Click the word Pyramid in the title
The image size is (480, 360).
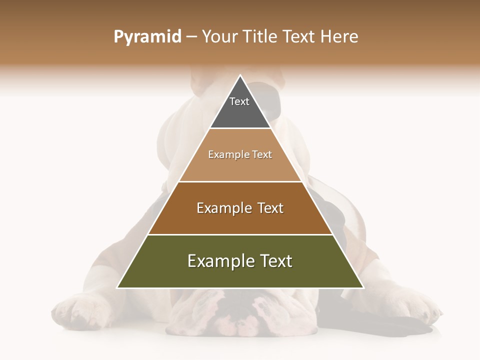(x=147, y=37)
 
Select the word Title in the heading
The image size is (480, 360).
(x=260, y=37)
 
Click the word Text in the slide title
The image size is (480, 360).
(x=298, y=37)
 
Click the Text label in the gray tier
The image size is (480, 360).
(x=239, y=101)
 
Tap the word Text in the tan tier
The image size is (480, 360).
(x=262, y=154)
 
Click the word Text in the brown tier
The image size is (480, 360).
(x=270, y=208)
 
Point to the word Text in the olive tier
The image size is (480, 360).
(x=276, y=261)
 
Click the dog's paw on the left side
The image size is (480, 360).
(x=75, y=310)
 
